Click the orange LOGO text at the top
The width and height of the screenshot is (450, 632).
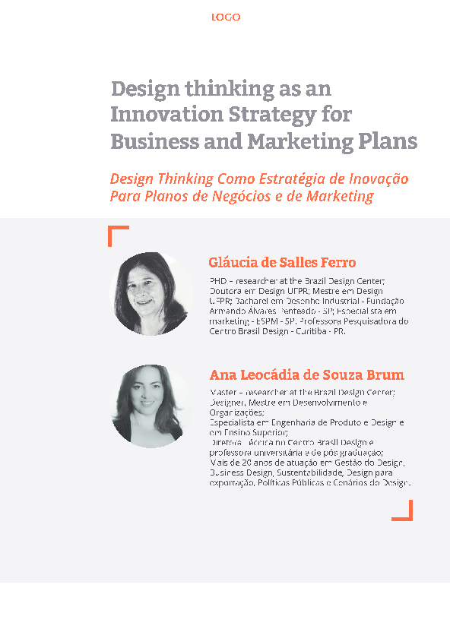226,17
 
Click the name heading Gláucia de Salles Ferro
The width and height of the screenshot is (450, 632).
282,263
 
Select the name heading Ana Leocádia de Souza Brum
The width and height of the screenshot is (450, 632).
306,375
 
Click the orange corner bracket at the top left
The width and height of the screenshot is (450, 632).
117,235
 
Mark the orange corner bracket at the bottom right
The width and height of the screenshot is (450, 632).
404,511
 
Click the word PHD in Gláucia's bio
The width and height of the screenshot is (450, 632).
218,281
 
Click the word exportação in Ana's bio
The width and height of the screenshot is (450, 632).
232,482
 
